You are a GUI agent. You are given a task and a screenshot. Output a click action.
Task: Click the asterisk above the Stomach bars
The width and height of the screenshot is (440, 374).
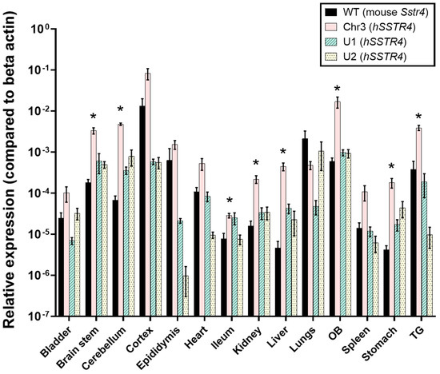pyautogui.click(x=391, y=167)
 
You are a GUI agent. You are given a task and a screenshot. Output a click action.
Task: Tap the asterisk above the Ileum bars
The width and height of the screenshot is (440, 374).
pyautogui.click(x=230, y=201)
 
